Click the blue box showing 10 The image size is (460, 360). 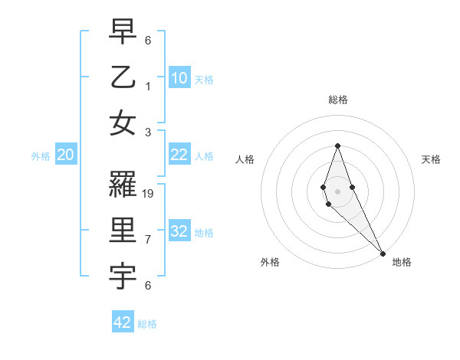coord(179,78)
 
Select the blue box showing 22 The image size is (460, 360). coord(179,155)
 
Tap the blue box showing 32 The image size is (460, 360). coord(179,231)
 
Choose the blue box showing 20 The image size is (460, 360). coord(65,155)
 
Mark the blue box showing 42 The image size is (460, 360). coord(123,322)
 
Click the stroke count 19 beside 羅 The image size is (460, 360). coord(149,194)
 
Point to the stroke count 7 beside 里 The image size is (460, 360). coord(148,240)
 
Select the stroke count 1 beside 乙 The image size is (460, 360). coord(148,86)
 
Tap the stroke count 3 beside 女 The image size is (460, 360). coord(148,132)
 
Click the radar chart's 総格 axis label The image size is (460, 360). coord(337,100)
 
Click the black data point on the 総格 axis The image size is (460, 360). coord(337,146)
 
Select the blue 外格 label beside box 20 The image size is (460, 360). coord(40,155)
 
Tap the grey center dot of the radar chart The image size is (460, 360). coord(337,191)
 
